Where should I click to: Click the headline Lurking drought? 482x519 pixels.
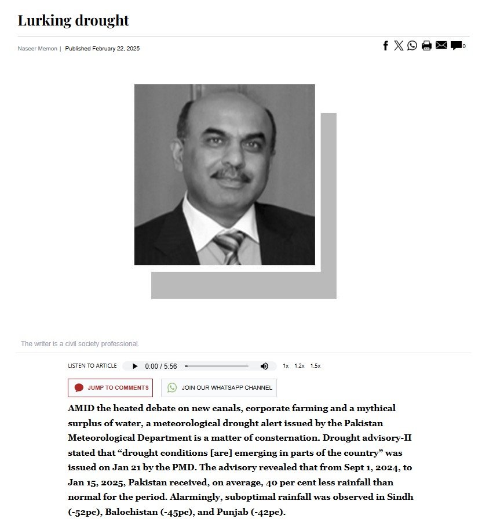coord(73,21)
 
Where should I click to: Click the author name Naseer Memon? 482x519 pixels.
coord(37,49)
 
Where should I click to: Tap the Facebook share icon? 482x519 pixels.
coord(385,46)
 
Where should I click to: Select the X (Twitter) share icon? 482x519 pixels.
coord(399,46)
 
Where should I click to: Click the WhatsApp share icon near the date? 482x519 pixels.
coord(412,46)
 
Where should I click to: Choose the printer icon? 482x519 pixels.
coord(426,46)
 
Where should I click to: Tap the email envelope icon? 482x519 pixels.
coord(441,46)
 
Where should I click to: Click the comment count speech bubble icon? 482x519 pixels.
coord(457,46)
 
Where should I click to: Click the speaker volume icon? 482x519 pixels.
coord(264,366)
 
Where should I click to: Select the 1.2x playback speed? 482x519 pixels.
coord(300,366)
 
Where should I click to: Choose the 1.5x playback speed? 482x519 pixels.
coord(315,366)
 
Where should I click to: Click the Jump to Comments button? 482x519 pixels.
coord(110,388)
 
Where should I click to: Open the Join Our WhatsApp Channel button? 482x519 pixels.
coord(218,388)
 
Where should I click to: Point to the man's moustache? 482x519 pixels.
coord(231,174)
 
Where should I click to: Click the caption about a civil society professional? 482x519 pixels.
coord(80,344)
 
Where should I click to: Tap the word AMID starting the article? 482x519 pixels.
coord(79,408)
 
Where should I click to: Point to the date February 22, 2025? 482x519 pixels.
coord(116,49)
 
